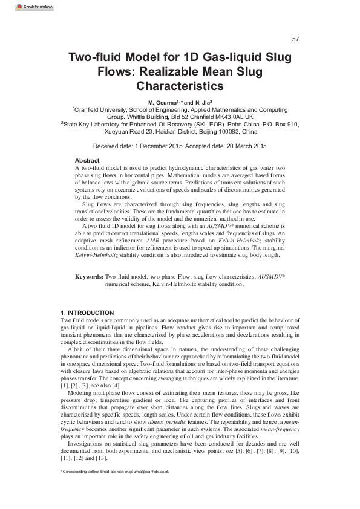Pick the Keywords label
tap(89, 276)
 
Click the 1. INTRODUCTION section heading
tap(87, 312)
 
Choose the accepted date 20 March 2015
tap(247, 146)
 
